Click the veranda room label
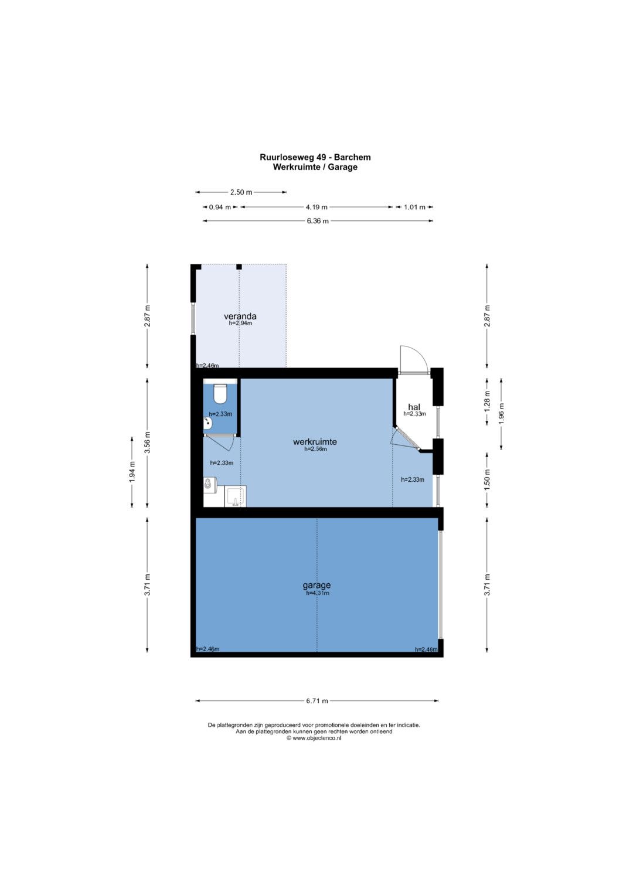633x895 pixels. (240, 317)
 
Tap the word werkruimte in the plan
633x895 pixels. (315, 442)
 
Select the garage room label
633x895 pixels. (316, 586)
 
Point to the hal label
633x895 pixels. (414, 407)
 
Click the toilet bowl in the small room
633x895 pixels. (220, 393)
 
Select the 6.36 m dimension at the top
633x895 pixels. (318, 221)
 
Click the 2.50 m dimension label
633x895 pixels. (241, 192)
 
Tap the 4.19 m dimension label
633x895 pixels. (316, 207)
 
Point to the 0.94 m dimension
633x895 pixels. (220, 207)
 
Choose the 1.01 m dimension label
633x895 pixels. (414, 207)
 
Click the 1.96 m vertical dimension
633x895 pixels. (502, 414)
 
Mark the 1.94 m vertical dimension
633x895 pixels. (132, 472)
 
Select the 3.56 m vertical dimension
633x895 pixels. (148, 443)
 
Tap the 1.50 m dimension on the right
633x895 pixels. (487, 480)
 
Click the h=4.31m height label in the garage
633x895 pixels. (317, 593)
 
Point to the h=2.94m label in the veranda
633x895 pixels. (240, 323)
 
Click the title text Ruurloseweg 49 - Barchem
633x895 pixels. (315, 157)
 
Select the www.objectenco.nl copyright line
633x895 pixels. (314, 739)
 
